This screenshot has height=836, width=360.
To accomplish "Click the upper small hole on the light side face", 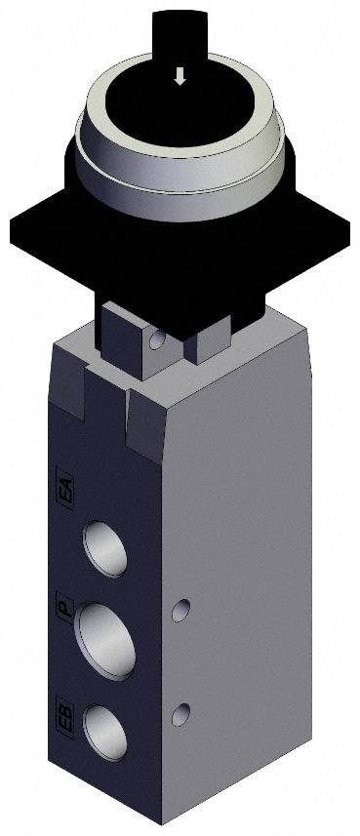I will point(179,611).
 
